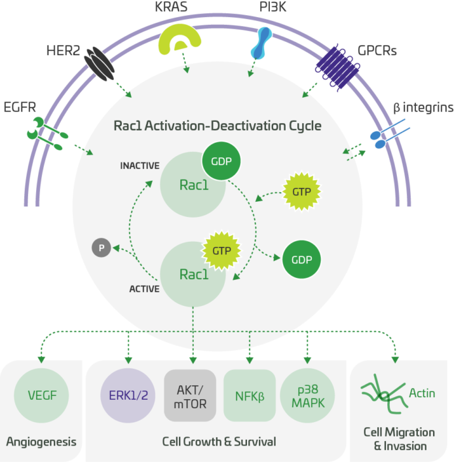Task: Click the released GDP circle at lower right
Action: point(301,259)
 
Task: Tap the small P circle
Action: point(101,248)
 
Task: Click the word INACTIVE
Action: point(139,165)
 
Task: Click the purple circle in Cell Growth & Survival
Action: point(128,396)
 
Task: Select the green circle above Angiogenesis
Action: point(41,395)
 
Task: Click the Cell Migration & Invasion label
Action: point(399,439)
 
